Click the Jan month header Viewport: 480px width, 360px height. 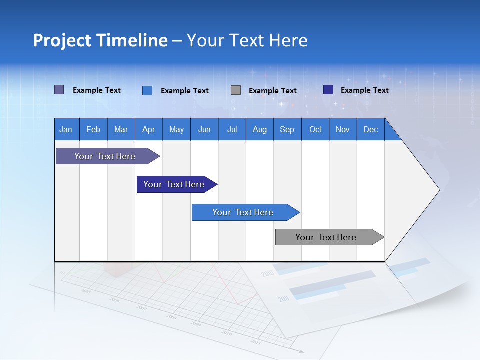(x=66, y=129)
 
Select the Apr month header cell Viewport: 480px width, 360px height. (x=149, y=129)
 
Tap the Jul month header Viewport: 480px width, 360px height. (x=232, y=129)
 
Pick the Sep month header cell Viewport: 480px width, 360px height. (x=287, y=129)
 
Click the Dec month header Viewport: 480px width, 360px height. (x=370, y=129)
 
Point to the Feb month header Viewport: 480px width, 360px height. (x=93, y=129)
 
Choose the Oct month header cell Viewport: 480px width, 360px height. (x=315, y=129)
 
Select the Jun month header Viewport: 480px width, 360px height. (x=204, y=129)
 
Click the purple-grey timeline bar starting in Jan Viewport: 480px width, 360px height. (x=105, y=156)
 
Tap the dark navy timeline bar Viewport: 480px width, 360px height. (x=174, y=184)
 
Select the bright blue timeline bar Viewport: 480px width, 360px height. (x=243, y=212)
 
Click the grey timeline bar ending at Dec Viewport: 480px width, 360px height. (x=326, y=237)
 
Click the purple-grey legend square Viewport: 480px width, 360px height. (x=59, y=90)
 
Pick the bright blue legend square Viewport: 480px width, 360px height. (x=147, y=90)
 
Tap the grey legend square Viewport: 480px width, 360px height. (x=236, y=90)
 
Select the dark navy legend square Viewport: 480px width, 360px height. (x=328, y=90)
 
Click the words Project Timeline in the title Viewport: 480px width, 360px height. (x=100, y=40)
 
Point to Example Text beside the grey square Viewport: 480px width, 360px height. (x=273, y=90)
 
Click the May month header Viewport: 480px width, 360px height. (x=176, y=129)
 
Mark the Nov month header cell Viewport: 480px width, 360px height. (x=343, y=129)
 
